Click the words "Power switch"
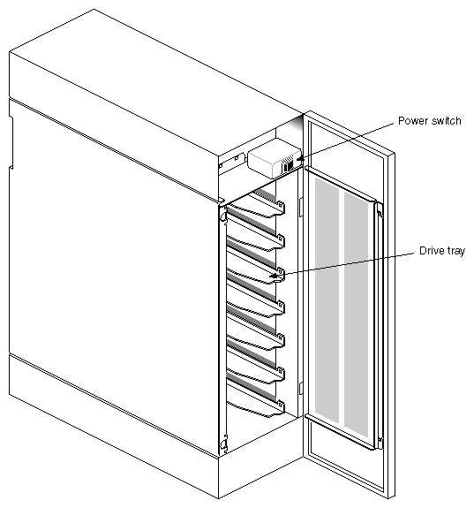[x=428, y=120]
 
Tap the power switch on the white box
[x=289, y=163]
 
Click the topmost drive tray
[x=256, y=209]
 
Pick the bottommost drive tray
[x=256, y=402]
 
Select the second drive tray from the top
[x=256, y=240]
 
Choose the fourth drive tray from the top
[x=256, y=306]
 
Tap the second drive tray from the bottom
[x=256, y=370]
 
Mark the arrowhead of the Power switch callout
[x=301, y=160]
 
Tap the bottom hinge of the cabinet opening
[x=224, y=442]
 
